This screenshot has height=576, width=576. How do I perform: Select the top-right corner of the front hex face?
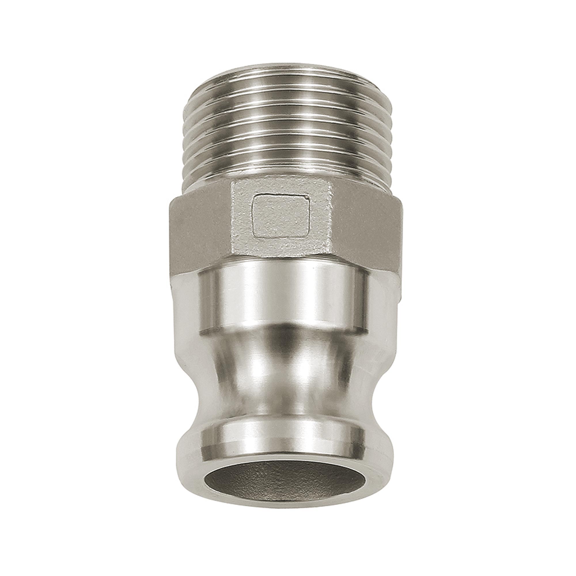331,183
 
